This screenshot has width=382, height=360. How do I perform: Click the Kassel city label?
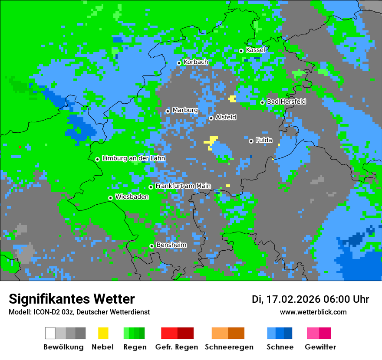255,50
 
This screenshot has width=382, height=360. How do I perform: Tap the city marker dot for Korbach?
179,63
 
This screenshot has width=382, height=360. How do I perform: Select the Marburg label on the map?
185,110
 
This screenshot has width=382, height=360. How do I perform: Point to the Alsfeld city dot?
211,118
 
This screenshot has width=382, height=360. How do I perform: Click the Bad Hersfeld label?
286,101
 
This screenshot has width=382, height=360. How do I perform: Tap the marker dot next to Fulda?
251,141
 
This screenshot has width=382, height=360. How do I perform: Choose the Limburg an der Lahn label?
133,158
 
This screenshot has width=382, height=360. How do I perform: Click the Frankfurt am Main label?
183,186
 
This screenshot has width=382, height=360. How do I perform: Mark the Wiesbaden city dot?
110,198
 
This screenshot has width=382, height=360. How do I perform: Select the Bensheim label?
171,245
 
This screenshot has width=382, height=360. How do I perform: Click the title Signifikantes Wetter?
72,299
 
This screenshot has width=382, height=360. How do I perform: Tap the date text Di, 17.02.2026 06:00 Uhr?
310,299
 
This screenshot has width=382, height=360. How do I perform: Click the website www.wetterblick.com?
313,312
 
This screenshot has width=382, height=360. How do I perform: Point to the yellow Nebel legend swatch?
103,333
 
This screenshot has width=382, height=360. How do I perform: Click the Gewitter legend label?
320,347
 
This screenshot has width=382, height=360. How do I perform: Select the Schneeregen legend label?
229,347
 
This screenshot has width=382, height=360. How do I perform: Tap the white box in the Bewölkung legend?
50,333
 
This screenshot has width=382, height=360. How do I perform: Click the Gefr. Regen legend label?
176,347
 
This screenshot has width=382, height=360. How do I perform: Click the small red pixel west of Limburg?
20,147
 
